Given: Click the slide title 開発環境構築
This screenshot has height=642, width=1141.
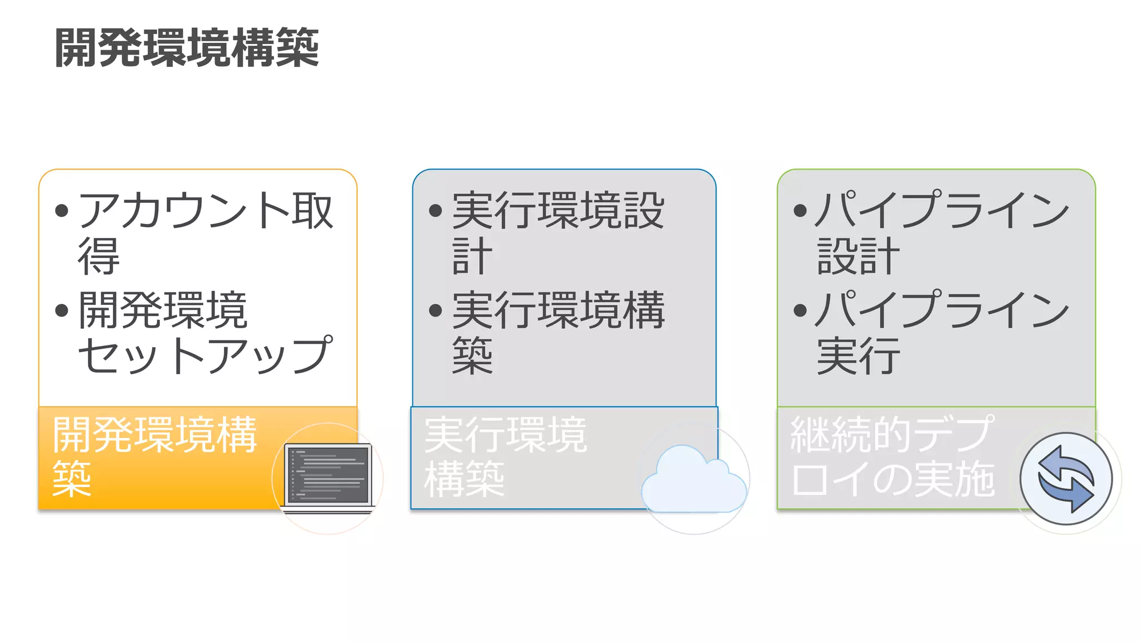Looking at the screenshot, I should click(x=187, y=48).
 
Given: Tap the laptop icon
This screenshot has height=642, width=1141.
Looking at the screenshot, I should click(x=328, y=478).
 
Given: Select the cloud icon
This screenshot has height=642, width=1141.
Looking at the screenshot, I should click(x=694, y=480).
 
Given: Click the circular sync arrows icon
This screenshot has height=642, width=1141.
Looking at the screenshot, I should click(x=1066, y=479).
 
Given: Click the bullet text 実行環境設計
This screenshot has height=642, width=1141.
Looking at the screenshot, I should click(x=558, y=232).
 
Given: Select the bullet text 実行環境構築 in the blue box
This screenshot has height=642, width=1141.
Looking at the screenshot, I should click(x=558, y=333).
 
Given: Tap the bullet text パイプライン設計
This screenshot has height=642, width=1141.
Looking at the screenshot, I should click(x=942, y=232).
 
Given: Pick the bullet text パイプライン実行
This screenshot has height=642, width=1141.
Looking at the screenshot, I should click(x=942, y=333).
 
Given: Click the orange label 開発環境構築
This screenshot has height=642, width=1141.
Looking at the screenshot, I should click(x=154, y=456).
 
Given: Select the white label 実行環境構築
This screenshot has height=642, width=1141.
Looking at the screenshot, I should click(x=505, y=456).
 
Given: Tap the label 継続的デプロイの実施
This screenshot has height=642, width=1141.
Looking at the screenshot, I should click(x=892, y=456).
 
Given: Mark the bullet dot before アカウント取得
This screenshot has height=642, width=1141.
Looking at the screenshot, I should click(x=62, y=211).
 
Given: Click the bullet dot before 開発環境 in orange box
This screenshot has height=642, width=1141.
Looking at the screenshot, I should click(x=62, y=310).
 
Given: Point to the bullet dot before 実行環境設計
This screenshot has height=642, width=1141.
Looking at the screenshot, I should click(x=436, y=211).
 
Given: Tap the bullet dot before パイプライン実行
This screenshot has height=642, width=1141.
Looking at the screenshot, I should click(x=800, y=310).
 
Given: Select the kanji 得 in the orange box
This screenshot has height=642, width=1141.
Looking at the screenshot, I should click(x=99, y=256).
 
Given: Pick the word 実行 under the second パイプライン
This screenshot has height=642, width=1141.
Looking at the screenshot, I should click(x=858, y=356).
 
